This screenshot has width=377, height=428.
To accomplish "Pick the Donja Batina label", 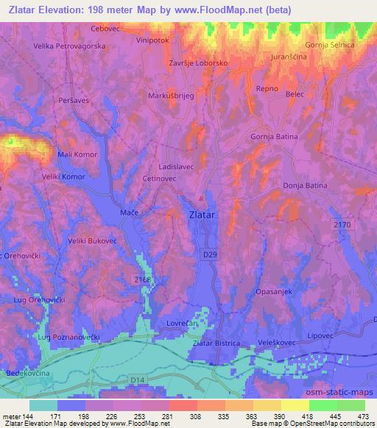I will tap(305, 186).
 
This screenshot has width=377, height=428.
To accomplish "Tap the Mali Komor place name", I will tap(78, 155).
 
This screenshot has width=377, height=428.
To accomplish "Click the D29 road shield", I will tap(210, 253).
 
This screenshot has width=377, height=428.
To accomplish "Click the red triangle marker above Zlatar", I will tap(201, 198).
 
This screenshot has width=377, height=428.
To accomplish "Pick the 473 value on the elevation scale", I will tap(364, 416).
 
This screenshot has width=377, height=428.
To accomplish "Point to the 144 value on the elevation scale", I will tap(29, 416).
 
